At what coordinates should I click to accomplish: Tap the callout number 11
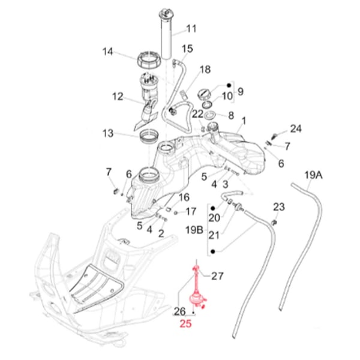click(x=191, y=28)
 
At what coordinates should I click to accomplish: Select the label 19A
click(x=313, y=175)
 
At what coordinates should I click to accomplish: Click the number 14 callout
click(x=107, y=52)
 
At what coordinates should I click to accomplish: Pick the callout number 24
click(x=296, y=128)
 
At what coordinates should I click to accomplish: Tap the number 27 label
click(x=217, y=276)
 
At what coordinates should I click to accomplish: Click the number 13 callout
click(x=107, y=133)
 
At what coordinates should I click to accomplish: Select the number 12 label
click(x=117, y=95)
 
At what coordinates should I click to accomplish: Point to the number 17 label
click(x=190, y=211)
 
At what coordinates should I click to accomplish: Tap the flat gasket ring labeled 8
click(x=210, y=114)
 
